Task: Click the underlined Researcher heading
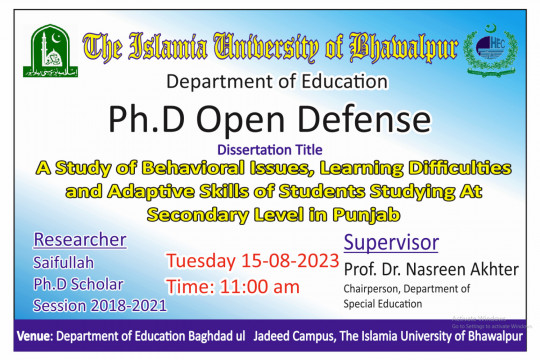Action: (x=79, y=240)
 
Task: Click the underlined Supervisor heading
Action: (x=391, y=243)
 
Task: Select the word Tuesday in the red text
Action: (x=203, y=262)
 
